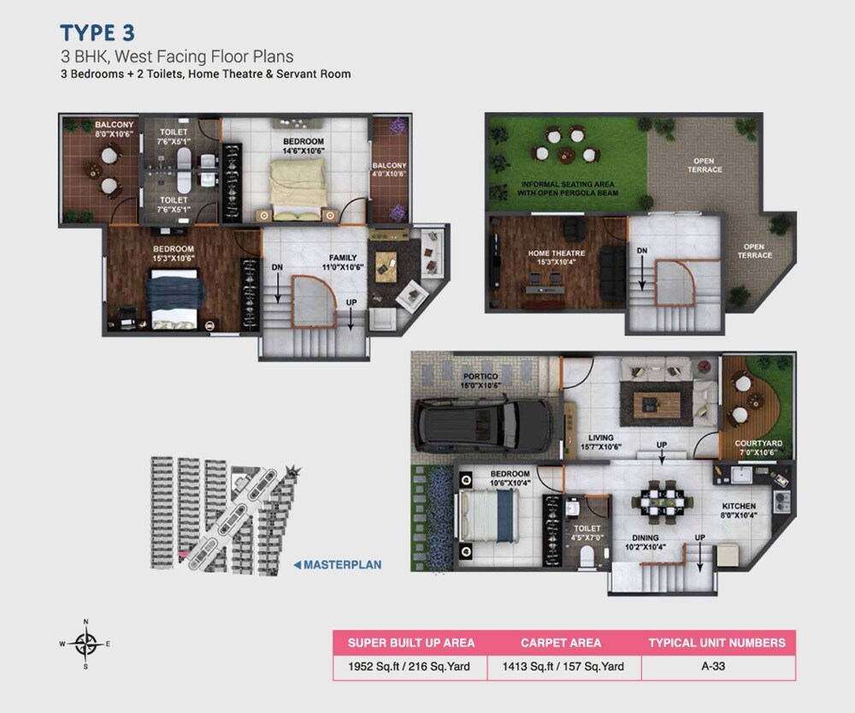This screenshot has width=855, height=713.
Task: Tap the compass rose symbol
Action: click(85, 643)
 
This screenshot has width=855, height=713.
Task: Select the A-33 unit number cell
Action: click(718, 668)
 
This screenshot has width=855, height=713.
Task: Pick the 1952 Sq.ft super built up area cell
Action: click(410, 668)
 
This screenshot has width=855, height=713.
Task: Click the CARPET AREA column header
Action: click(561, 643)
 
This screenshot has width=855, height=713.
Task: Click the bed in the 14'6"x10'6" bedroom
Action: click(297, 181)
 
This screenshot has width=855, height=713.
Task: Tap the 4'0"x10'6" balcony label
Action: click(389, 170)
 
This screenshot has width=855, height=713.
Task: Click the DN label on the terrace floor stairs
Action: click(641, 251)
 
